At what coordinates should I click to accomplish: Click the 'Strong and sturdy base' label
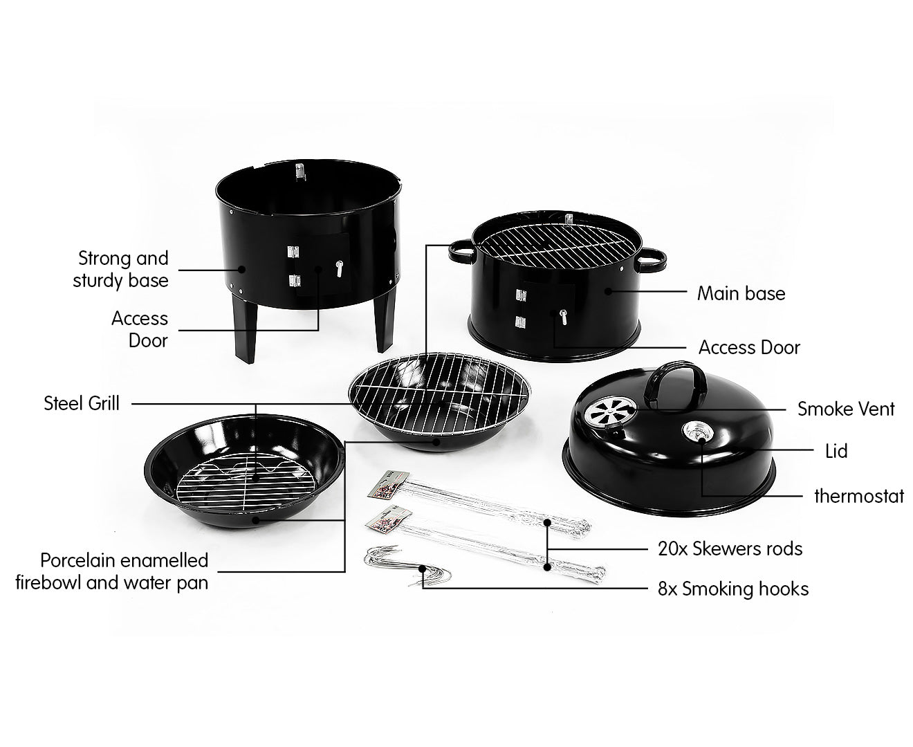[122, 269]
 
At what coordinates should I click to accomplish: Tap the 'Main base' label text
[741, 293]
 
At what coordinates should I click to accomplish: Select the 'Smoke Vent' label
[845, 409]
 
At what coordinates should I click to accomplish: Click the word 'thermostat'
[858, 496]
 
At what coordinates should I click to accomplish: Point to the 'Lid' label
[836, 452]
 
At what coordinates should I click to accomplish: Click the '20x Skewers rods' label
[730, 548]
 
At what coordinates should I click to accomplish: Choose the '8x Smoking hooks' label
[732, 589]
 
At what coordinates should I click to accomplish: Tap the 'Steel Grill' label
[82, 403]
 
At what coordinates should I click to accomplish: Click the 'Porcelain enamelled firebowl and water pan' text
[113, 571]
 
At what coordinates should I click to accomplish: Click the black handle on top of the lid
[674, 378]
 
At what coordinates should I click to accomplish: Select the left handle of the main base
[461, 251]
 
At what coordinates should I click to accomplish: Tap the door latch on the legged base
[340, 268]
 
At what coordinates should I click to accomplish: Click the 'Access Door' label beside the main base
[749, 347]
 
